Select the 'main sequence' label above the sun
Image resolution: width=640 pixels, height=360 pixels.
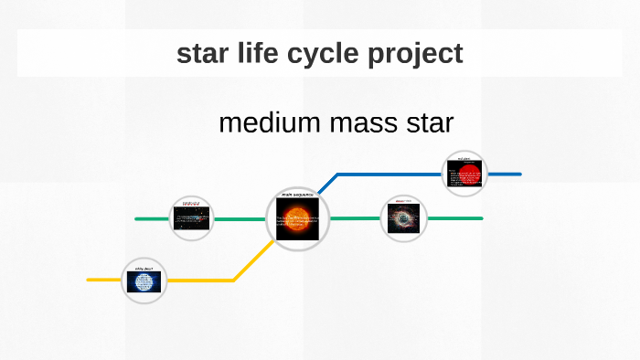click(297, 195)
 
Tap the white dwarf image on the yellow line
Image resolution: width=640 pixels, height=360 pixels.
click(144, 283)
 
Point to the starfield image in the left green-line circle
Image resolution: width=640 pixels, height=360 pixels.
click(193, 218)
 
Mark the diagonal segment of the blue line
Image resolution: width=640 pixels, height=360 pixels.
click(327, 183)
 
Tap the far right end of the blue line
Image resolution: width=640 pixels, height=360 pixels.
click(518, 174)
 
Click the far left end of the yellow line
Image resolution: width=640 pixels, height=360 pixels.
click(90, 280)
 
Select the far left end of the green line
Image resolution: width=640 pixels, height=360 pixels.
click(137, 219)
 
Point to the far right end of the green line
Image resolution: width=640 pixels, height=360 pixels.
click(480, 219)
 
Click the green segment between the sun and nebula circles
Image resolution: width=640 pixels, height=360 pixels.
click(355, 219)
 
